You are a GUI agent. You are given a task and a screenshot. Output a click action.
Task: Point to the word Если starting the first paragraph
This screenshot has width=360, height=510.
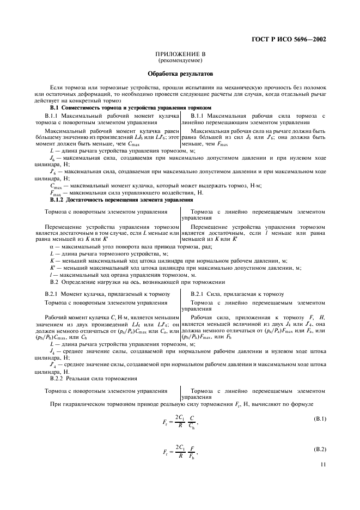(56, 87)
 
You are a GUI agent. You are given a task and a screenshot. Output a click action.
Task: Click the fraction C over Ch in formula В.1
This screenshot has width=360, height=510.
(191, 421)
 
